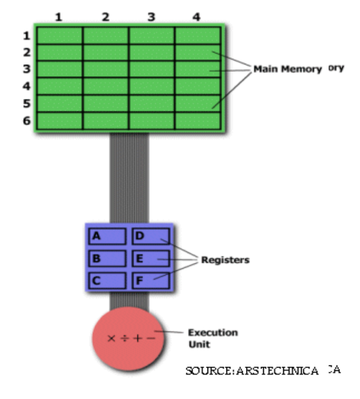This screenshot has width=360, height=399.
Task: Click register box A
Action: (107, 236)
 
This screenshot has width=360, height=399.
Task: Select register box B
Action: (107, 258)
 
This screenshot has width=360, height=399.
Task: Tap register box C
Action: (107, 280)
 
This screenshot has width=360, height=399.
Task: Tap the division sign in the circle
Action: (124, 338)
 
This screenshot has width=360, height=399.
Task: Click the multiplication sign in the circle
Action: (111, 338)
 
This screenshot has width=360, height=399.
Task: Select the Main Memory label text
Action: (288, 70)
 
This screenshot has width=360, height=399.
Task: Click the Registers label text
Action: (225, 260)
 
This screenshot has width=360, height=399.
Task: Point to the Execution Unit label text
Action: (212, 338)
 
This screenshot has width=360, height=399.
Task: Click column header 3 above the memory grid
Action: (151, 17)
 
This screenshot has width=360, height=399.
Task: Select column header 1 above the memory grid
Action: (58, 17)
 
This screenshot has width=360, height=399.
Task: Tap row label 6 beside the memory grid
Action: (26, 121)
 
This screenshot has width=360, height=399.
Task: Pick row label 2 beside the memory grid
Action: (26, 52)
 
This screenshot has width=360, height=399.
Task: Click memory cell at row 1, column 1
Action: (59, 36)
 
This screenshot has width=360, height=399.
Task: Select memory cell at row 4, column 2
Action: (105, 86)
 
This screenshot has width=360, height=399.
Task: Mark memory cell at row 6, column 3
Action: (151, 121)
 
